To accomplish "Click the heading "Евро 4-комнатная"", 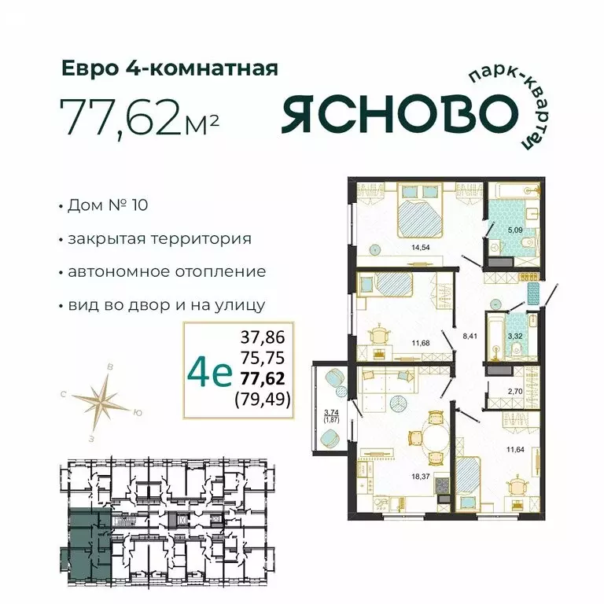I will click(170, 69).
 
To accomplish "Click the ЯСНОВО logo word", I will click(394, 115).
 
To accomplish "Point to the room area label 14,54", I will click(409, 246).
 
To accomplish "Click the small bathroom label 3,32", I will click(515, 336).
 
